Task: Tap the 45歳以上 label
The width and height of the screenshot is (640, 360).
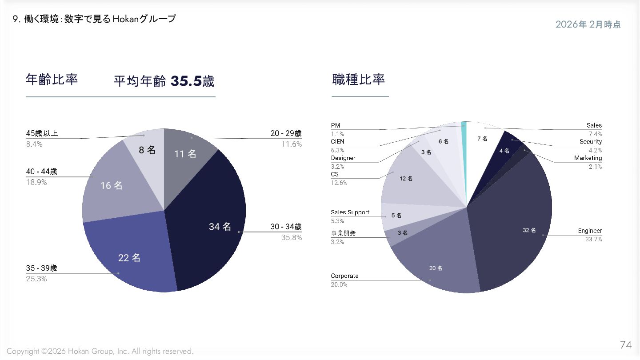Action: (x=42, y=133)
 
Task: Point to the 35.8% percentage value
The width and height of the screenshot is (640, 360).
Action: (x=292, y=238)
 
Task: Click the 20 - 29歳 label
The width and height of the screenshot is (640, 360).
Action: (x=286, y=133)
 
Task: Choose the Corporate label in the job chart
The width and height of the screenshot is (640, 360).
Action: (x=344, y=276)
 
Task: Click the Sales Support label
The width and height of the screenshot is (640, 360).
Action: (x=350, y=212)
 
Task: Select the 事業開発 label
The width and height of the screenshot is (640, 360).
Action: (x=343, y=233)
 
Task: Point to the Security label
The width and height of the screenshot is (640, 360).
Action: (x=590, y=142)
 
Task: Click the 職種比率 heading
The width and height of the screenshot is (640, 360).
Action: (x=358, y=80)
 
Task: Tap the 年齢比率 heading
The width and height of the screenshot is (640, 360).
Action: (x=52, y=80)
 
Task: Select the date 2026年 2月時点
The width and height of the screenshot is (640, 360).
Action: (x=588, y=25)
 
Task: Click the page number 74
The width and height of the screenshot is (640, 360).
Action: (x=625, y=345)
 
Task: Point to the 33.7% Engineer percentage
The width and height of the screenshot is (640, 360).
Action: (x=593, y=240)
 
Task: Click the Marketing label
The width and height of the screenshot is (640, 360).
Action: (x=588, y=158)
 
